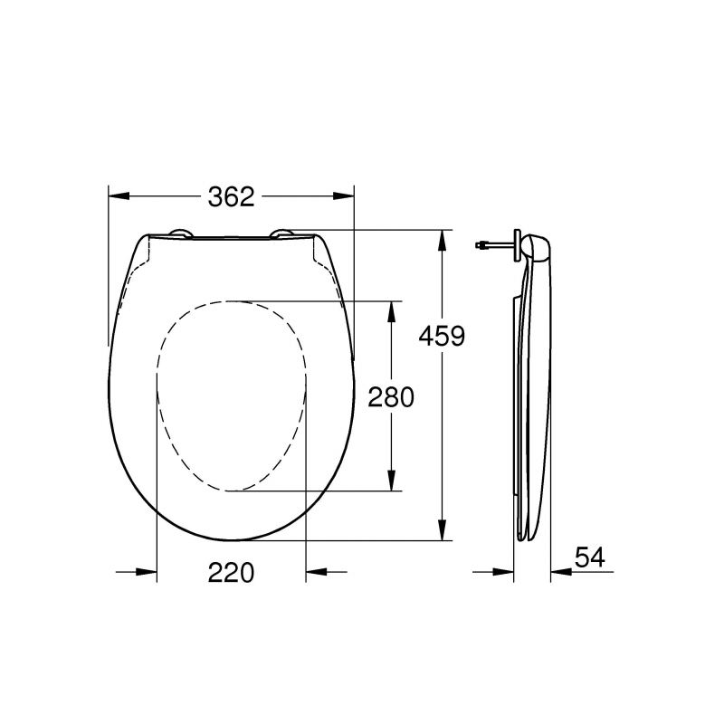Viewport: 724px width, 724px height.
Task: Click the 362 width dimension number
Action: point(231,196)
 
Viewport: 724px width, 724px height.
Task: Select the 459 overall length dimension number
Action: point(442,337)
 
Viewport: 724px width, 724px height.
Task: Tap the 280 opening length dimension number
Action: point(390,396)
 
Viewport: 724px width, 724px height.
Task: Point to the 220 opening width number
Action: point(231,572)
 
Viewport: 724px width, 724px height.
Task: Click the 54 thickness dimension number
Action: point(589,557)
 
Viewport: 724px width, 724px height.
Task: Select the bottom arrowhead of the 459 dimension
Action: point(442,529)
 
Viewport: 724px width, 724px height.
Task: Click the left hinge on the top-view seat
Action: point(179,234)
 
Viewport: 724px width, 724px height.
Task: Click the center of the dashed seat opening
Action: point(231,395)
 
